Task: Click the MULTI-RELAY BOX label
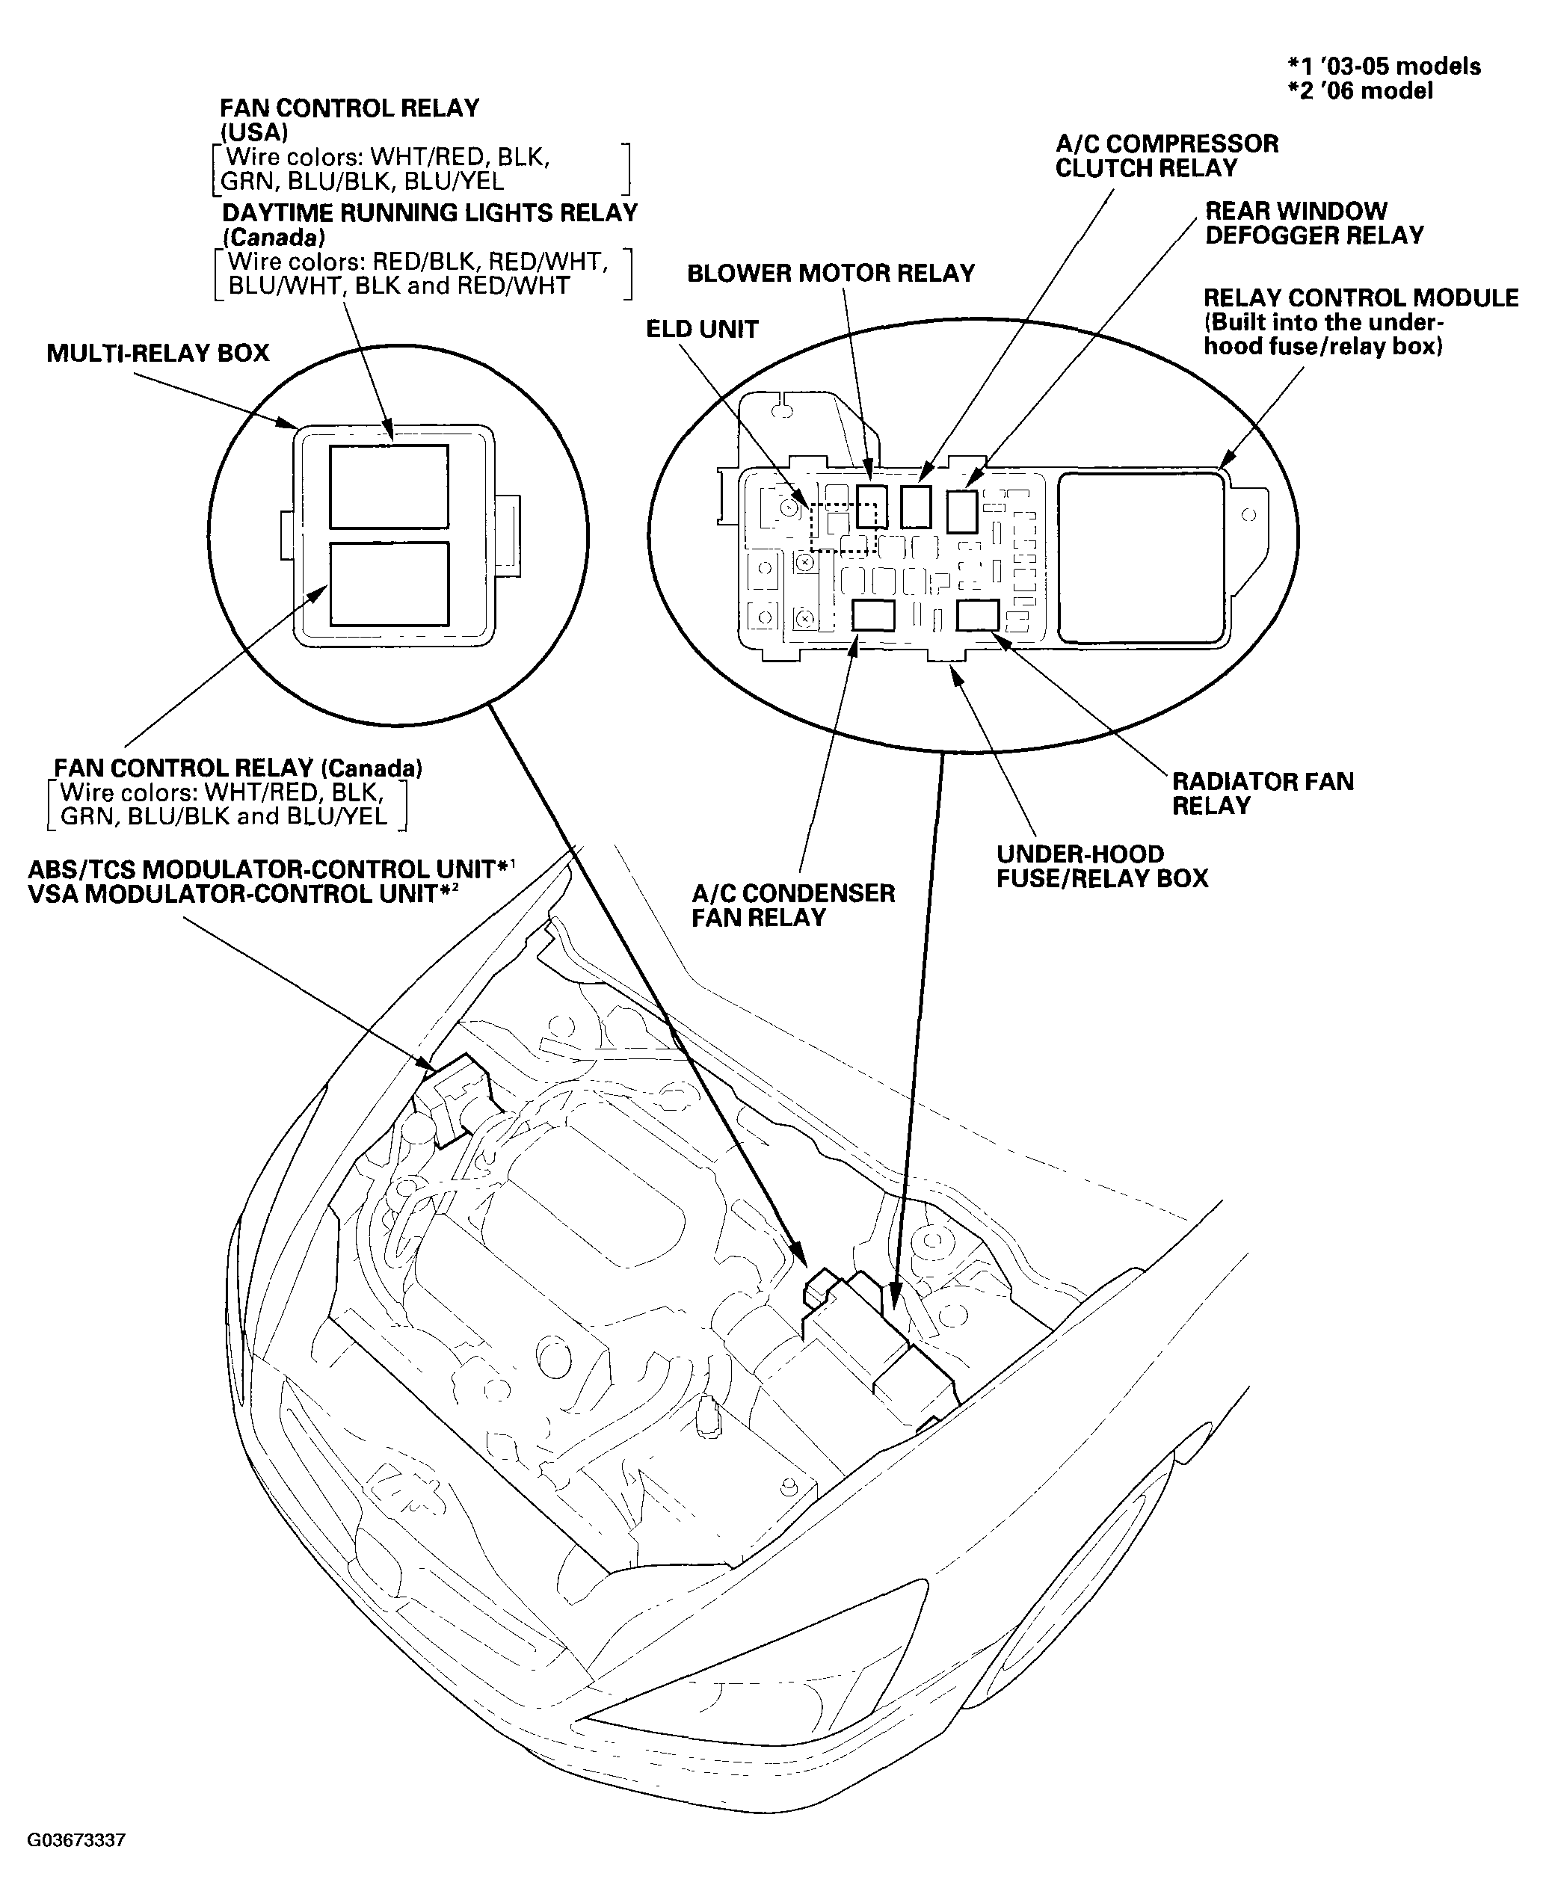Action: click(158, 354)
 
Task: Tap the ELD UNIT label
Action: click(702, 330)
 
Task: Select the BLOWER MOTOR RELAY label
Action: click(830, 274)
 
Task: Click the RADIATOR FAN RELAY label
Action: click(1262, 794)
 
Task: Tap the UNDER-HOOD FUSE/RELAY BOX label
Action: click(1102, 866)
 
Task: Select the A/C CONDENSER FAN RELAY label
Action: click(792, 906)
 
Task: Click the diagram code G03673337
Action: click(76, 1839)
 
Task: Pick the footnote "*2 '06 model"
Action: click(1360, 91)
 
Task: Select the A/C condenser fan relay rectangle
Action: click(872, 615)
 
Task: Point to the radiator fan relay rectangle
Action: click(978, 615)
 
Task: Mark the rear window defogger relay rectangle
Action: click(962, 511)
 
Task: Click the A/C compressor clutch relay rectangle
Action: click(916, 507)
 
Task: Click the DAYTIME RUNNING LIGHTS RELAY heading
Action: click(429, 214)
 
